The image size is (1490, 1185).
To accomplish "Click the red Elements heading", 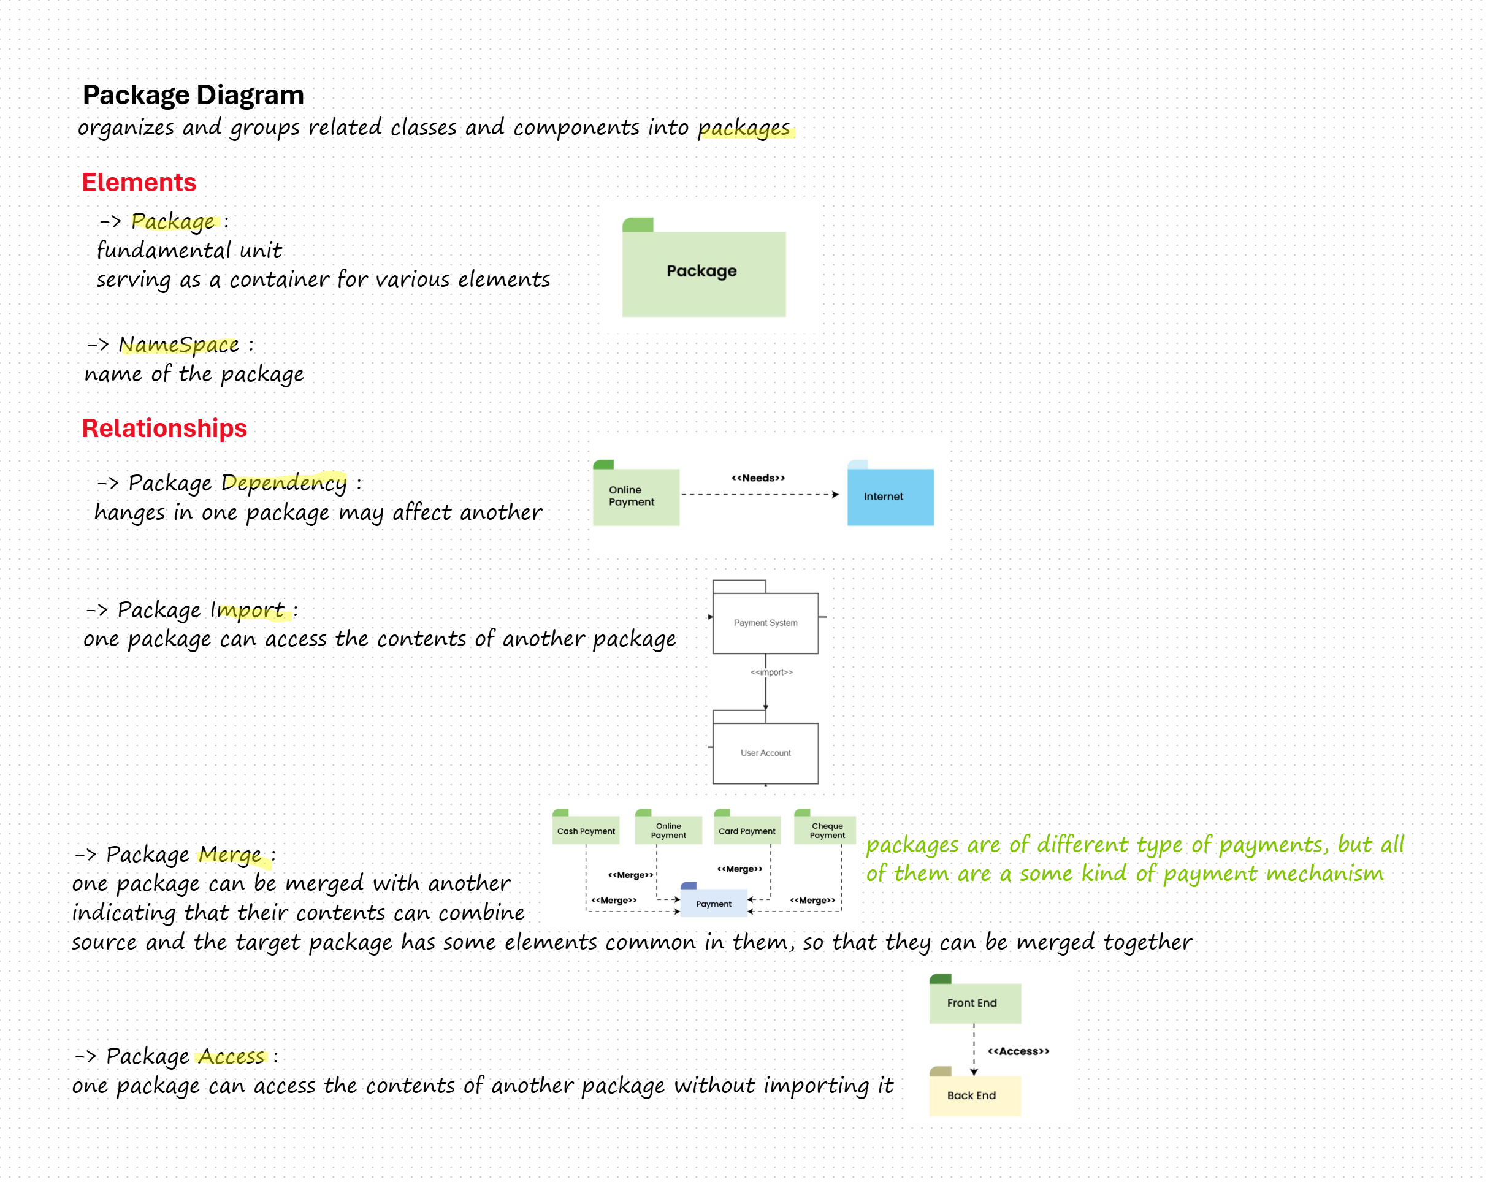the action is click(x=139, y=183).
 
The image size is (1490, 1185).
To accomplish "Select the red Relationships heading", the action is click(x=164, y=429).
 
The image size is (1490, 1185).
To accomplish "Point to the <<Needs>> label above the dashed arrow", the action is click(x=758, y=478).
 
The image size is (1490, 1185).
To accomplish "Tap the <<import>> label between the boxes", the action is click(x=771, y=673).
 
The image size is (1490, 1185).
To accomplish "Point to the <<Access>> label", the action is click(x=1018, y=1051).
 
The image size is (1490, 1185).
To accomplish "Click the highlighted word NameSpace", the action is click(x=179, y=344).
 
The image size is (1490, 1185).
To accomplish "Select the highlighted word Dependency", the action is click(x=284, y=482).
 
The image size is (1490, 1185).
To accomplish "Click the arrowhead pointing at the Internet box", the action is click(x=835, y=495).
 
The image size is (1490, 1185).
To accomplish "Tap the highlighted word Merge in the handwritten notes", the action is click(x=230, y=855).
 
